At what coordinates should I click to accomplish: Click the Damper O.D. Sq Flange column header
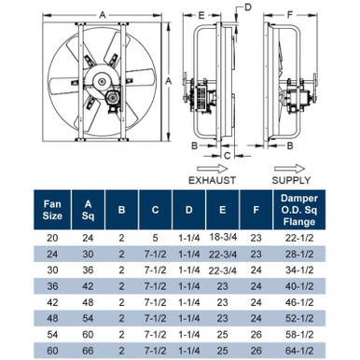point(299,210)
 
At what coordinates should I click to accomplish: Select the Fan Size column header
point(52,210)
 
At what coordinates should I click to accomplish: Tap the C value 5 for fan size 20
point(155,238)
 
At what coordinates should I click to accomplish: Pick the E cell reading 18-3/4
point(223,237)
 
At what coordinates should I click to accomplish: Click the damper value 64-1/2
point(299,351)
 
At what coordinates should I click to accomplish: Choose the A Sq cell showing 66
point(88,351)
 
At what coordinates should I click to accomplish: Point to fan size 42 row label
point(52,302)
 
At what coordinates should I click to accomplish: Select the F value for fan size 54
point(256,335)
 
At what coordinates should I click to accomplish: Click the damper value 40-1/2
point(299,286)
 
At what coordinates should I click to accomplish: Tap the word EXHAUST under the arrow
point(213,180)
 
